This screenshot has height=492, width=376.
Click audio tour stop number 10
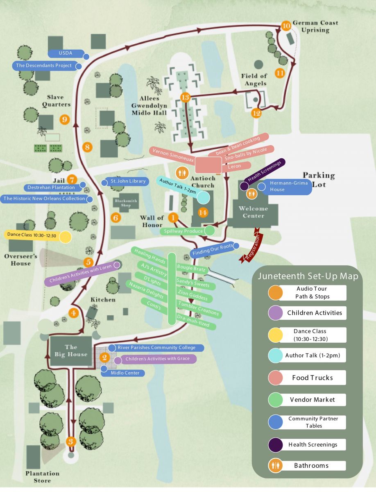tap(286, 25)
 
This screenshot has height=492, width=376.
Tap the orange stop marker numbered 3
tap(71, 441)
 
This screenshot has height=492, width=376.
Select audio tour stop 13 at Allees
tap(185, 97)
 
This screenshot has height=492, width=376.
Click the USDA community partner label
tap(66, 54)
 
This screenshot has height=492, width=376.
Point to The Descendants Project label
tap(44, 65)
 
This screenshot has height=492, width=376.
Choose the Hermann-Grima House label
tap(282, 187)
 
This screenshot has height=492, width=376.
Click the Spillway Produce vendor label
tap(183, 231)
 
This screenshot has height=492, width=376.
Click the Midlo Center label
tap(125, 373)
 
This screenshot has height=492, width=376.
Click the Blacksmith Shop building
tap(125, 203)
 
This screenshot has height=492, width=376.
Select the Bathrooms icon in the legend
tap(274, 465)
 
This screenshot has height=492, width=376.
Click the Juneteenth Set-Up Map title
tap(308, 276)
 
